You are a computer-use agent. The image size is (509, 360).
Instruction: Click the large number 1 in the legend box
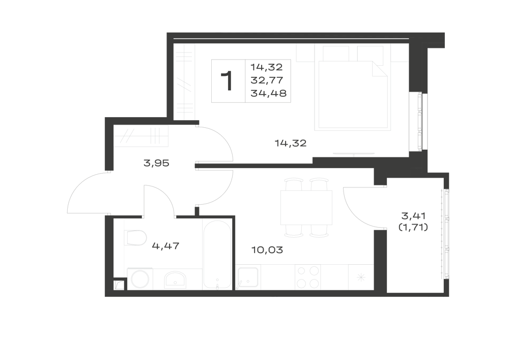[x=227, y=81]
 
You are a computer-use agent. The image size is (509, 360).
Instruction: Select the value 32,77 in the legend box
[x=267, y=80]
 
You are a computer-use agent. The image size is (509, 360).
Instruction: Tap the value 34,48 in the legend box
[x=268, y=94]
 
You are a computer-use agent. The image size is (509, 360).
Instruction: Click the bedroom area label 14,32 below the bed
[x=291, y=143]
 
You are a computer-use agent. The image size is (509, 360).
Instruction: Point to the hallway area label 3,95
[x=156, y=163]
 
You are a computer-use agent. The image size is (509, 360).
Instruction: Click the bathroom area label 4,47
[x=165, y=246]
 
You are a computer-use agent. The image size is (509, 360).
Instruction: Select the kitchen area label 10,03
[x=267, y=250]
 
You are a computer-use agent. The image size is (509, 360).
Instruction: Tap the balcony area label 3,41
[x=413, y=215]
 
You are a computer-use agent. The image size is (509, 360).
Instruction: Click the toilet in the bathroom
[x=136, y=238]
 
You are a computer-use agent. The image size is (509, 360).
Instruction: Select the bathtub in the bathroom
[x=217, y=255]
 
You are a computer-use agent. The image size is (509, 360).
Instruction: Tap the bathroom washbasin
[x=175, y=280]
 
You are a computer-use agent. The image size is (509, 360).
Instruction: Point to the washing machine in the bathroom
[x=140, y=279]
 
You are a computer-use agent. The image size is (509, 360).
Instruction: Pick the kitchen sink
[x=248, y=277]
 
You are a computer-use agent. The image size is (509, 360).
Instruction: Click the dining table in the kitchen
[x=306, y=208]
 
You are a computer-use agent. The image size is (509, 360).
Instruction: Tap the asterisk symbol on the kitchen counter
[x=361, y=278]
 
